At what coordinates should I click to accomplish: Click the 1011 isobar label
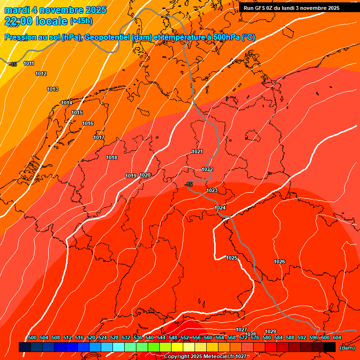click(x=29, y=63)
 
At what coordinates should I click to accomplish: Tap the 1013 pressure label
click(x=52, y=89)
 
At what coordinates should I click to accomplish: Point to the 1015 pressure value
click(x=77, y=113)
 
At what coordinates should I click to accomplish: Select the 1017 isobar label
click(x=99, y=137)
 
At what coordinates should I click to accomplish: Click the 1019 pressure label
click(x=131, y=176)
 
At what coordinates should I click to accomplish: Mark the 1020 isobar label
click(x=145, y=175)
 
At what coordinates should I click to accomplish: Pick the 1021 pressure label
click(x=197, y=151)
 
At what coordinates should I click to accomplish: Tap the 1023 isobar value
click(x=212, y=190)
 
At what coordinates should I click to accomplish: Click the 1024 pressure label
click(x=220, y=208)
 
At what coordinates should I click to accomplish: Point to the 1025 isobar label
click(x=232, y=258)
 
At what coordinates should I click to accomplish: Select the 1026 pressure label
click(x=279, y=262)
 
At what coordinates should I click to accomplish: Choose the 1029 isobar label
click(x=270, y=331)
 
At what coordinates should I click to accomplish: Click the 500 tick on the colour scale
click(x=32, y=337)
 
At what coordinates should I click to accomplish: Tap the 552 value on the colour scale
click(x=185, y=337)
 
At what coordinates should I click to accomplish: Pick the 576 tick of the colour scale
click(x=255, y=337)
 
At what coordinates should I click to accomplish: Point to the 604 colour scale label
click(x=337, y=337)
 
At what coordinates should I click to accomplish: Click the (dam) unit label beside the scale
click(x=347, y=348)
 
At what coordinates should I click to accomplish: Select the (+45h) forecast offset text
click(x=81, y=21)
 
